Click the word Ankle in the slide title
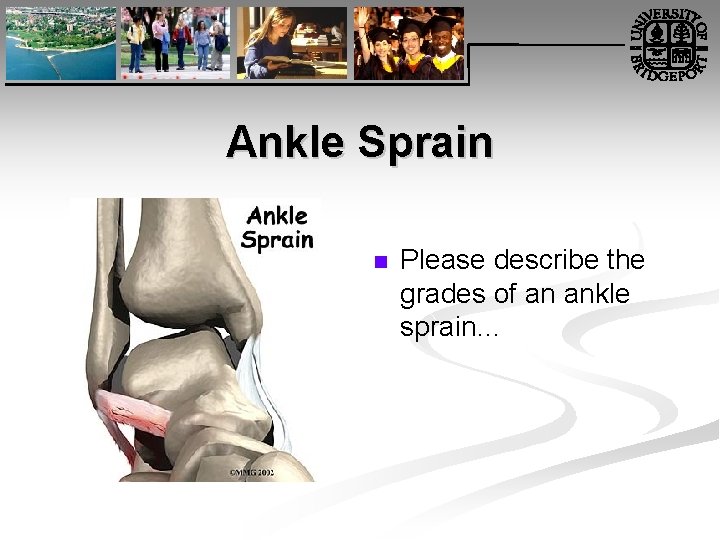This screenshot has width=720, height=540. [285, 142]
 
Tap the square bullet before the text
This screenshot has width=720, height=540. [379, 263]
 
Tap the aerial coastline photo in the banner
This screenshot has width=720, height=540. [59, 42]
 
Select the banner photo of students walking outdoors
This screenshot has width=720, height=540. [175, 42]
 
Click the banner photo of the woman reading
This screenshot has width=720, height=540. [291, 42]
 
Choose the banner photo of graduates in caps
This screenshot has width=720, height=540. [409, 42]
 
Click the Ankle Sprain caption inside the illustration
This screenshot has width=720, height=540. [277, 227]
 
